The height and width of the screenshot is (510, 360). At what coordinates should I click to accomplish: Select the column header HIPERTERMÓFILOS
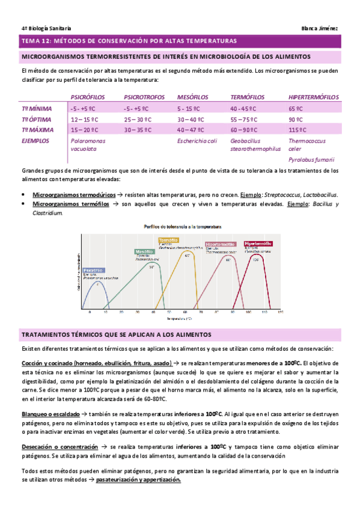tap(313, 97)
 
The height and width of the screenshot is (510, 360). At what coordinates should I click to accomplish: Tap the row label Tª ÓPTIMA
tap(37, 119)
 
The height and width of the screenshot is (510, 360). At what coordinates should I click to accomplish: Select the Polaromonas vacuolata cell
tap(87, 144)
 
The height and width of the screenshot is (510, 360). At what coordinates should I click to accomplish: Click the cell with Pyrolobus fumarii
tap(311, 160)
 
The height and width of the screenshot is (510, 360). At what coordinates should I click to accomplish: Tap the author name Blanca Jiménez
tap(321, 28)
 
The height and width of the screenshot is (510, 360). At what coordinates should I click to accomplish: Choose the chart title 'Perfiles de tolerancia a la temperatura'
tap(182, 227)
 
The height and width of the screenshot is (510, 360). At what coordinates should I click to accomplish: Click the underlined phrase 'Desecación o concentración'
tap(59, 431)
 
